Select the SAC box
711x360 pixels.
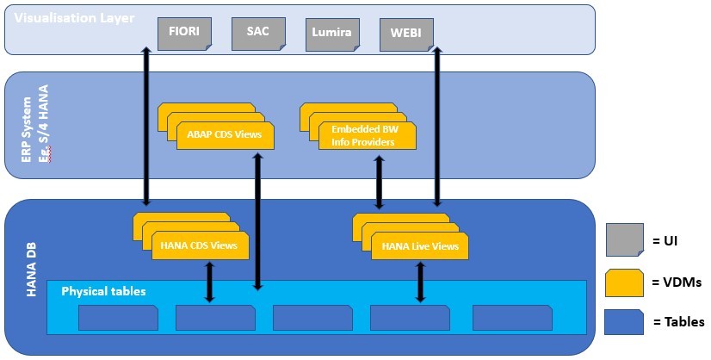[258, 33]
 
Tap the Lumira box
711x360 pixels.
[332, 34]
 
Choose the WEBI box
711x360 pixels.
[406, 34]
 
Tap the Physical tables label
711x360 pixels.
[103, 291]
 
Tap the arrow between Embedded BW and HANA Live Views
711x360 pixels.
[379, 183]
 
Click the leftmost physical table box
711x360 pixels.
[118, 317]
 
